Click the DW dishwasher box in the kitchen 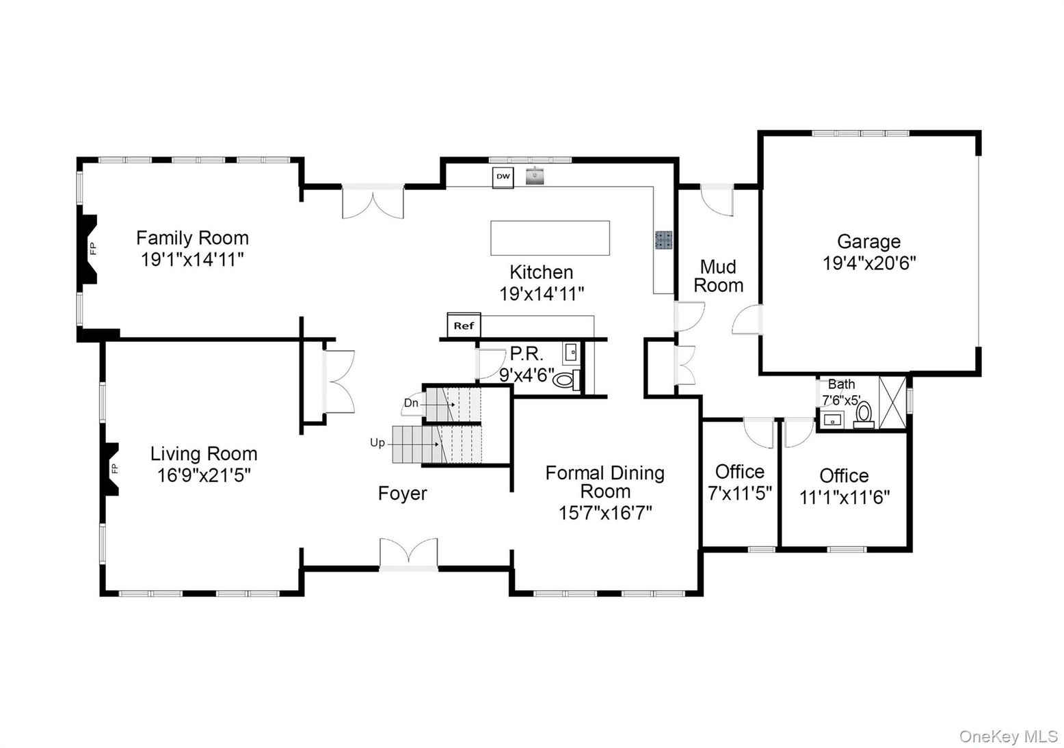[x=503, y=177]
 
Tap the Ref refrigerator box [x=464, y=325]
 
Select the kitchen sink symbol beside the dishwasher [x=535, y=176]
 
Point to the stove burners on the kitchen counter [x=664, y=240]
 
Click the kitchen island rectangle [x=550, y=238]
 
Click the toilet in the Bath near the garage [x=864, y=415]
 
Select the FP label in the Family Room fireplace [x=93, y=248]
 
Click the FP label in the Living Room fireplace [x=114, y=469]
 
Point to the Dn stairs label [x=411, y=403]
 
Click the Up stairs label [x=377, y=442]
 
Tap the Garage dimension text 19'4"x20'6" [x=869, y=263]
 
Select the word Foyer [x=402, y=493]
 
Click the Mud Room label [x=718, y=276]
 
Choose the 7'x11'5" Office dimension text [x=740, y=494]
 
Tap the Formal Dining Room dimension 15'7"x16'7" [x=604, y=513]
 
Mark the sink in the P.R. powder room [x=572, y=353]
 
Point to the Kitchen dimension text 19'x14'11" [x=542, y=294]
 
